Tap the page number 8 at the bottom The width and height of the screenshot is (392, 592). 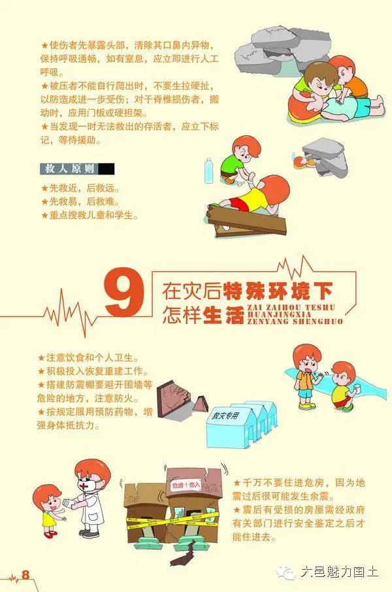26,575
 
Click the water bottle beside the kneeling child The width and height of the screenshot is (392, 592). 209,171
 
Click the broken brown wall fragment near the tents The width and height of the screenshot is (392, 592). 181,397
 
